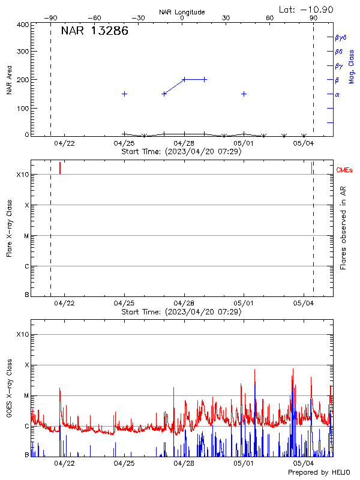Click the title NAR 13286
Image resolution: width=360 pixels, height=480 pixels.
coord(95,31)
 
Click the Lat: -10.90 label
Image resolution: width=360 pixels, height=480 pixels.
coord(307,9)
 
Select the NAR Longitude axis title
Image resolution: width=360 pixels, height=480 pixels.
coord(182,12)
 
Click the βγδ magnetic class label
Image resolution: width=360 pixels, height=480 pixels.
coord(340,37)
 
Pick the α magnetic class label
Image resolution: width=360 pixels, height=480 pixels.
coord(337,94)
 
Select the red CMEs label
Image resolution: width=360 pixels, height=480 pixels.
coord(344,170)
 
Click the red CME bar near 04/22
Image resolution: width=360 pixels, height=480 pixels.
coord(60,168)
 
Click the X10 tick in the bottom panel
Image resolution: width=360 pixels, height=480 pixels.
coord(23,334)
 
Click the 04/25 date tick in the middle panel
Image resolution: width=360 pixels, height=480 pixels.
coord(124,304)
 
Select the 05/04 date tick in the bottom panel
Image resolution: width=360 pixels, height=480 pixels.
coord(304,463)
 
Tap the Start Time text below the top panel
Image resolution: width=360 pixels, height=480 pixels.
coord(181,151)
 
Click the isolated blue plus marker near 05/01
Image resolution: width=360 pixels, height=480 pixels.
coord(244,94)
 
